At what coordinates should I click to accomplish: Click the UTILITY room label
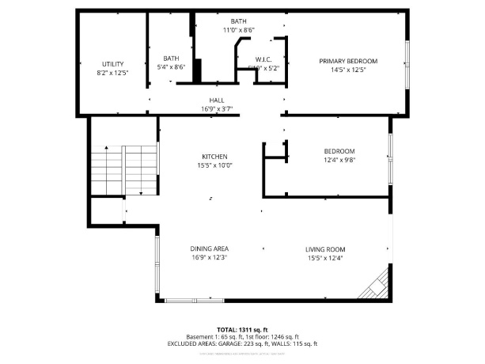113,64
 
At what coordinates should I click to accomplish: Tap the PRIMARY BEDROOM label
348,61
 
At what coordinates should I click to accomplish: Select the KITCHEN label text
214,157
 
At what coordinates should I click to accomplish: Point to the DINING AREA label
210,248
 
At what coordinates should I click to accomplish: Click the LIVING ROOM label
325,248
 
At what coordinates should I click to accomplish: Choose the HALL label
216,100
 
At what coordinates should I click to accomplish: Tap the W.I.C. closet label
263,59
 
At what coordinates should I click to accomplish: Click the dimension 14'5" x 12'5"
348,70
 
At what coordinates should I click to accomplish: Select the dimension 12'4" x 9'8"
339,160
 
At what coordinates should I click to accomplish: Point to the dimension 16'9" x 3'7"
216,108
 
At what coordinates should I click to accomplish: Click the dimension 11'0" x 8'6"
238,29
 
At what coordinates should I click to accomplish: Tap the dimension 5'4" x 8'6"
171,67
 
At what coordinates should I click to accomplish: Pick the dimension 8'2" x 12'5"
113,73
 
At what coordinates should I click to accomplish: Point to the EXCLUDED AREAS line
242,343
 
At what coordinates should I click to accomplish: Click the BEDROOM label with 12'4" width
339,151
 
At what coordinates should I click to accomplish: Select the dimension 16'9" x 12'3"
210,257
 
